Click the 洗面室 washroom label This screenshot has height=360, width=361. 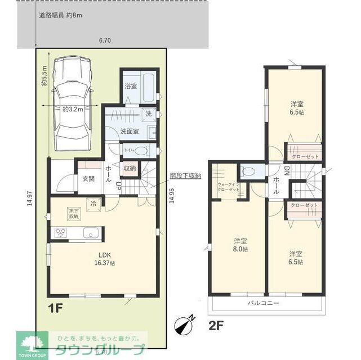129,131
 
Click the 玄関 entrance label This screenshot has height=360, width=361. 88,179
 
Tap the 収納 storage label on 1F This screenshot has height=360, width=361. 129,168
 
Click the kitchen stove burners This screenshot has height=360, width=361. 61,233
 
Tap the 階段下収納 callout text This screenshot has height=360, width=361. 185,175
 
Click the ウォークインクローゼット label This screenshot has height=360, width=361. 229,187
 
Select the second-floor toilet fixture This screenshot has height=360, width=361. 248,170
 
